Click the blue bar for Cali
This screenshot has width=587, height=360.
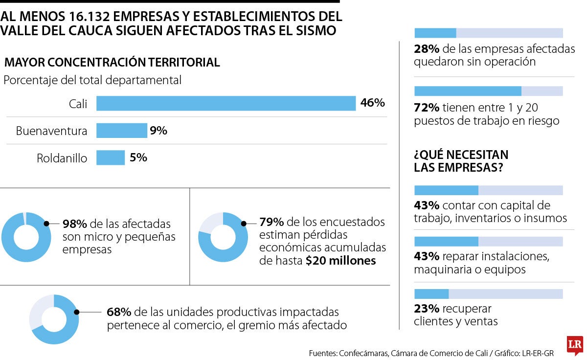226,103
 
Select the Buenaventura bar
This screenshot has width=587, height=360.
122,131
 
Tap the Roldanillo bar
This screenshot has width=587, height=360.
111,157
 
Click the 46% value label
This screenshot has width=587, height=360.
372,102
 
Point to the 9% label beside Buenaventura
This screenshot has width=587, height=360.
158,130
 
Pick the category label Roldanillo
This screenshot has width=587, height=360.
62,158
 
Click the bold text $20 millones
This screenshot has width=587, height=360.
340,260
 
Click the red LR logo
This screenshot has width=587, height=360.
575,345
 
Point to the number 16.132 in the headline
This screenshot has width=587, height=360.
90,17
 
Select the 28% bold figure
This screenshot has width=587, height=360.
427,49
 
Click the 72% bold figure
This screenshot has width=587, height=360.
427,108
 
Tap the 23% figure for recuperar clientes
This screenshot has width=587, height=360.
427,309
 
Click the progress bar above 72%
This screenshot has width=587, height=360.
489,91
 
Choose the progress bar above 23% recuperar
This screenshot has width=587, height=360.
489,294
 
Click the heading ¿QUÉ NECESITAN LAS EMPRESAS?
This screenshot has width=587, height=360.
461,161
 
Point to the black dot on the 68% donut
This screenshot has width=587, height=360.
76,312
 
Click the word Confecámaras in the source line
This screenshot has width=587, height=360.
363,353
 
